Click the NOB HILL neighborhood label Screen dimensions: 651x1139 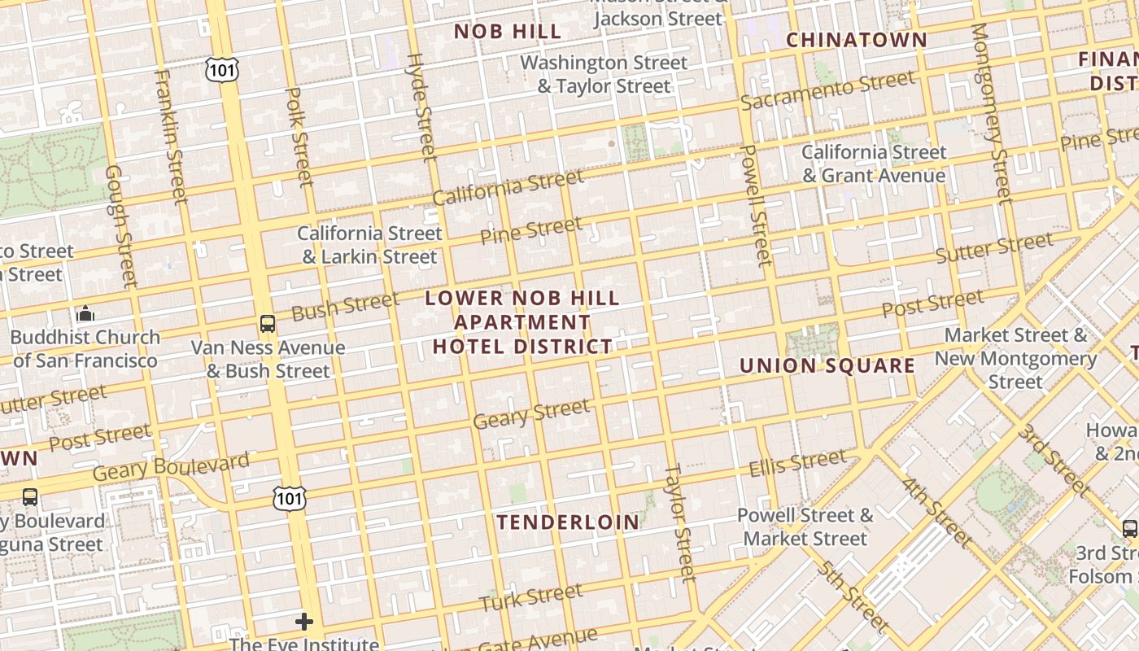point(508,32)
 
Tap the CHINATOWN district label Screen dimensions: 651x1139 point(856,39)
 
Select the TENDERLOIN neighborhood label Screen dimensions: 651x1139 point(568,522)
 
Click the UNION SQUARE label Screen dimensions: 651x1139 point(827,365)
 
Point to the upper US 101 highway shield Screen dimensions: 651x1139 point(221,70)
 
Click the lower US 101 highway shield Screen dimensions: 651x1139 point(290,498)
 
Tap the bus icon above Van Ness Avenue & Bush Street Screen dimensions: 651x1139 point(268,324)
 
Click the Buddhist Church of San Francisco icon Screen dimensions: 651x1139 point(85,313)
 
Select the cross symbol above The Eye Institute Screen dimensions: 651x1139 point(304,623)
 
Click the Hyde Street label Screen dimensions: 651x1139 point(421,106)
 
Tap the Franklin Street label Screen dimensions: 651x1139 point(170,137)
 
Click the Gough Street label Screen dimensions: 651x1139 point(120,226)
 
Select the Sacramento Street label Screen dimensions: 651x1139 point(827,90)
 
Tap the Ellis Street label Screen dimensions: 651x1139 point(797,464)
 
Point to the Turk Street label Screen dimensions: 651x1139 point(530,597)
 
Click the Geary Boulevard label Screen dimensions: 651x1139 point(171,467)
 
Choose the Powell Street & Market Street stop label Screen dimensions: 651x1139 point(805,526)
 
